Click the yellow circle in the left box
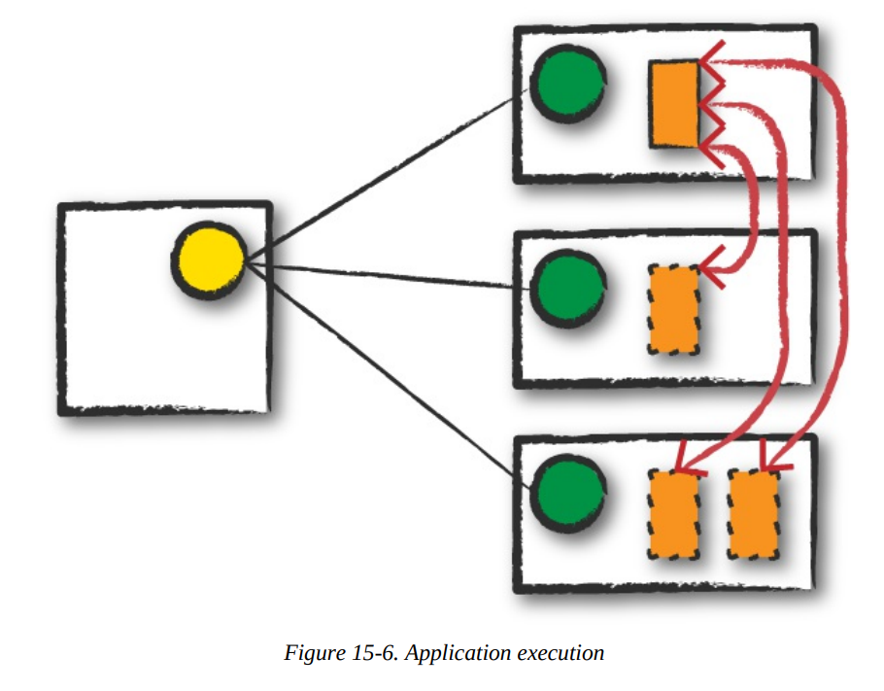208,260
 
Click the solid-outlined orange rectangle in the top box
674,104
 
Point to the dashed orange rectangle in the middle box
674,309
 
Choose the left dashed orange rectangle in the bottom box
674,514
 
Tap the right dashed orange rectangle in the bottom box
754,514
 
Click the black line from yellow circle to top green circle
389,174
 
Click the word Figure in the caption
309,652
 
